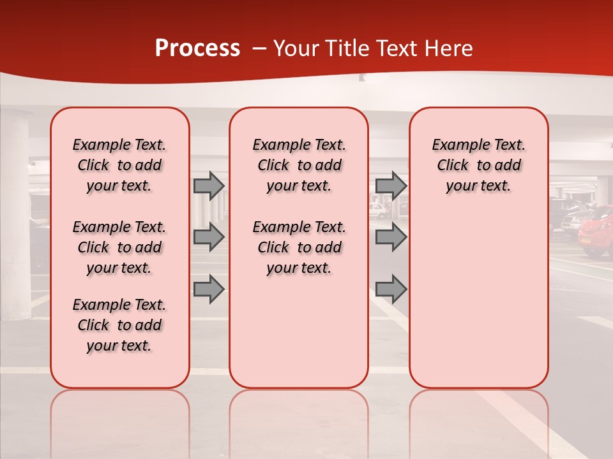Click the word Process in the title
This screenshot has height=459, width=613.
[197, 48]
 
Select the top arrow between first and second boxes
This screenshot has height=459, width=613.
[208, 186]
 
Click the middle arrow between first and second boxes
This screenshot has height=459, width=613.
[208, 237]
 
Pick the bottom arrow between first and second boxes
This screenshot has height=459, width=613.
[208, 289]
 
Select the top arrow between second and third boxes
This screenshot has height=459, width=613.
[391, 186]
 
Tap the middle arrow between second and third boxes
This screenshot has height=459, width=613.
[391, 237]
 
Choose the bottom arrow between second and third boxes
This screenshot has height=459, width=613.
[391, 289]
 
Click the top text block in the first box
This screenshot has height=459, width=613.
[119, 165]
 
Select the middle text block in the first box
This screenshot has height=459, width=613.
[119, 247]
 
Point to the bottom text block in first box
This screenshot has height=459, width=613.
[119, 325]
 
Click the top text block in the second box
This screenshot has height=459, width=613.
[299, 165]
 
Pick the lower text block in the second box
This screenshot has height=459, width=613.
[299, 247]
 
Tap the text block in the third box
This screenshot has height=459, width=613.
[478, 165]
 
